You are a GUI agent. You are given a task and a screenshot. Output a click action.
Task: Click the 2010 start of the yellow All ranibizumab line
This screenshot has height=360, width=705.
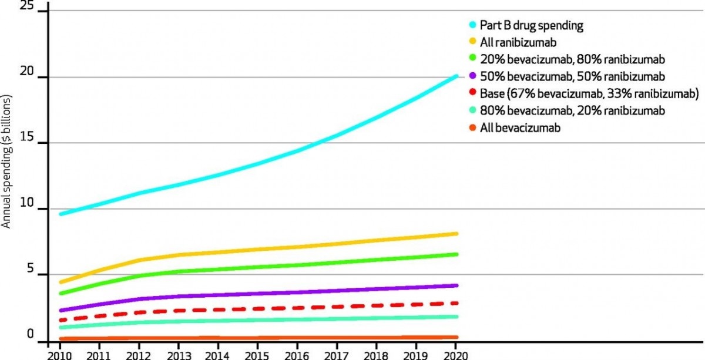[x=61, y=282]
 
